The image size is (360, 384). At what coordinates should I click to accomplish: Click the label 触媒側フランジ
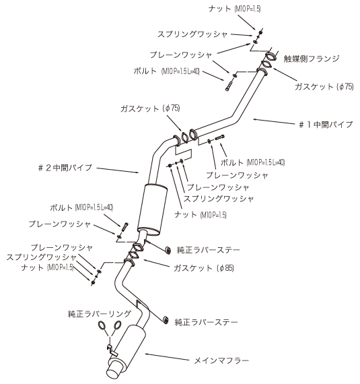point(312,59)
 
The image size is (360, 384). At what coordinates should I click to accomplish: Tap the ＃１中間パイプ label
point(326,125)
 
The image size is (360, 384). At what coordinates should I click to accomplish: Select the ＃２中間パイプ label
point(65,168)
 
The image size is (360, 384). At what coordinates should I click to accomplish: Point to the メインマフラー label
point(221,360)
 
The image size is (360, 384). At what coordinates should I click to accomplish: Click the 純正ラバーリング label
point(100,314)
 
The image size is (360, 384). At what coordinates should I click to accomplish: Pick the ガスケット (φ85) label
point(204,268)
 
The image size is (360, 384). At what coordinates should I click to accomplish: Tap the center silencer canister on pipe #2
point(152,210)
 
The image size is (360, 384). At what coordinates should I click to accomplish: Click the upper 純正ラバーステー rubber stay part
point(168,250)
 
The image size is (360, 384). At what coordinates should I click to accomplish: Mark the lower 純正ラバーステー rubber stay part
point(166,320)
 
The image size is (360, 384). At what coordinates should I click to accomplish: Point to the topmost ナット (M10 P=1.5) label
point(234,9)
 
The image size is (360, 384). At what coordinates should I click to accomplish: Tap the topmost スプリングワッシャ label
point(192,34)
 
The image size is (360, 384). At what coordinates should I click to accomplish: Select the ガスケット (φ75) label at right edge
point(324,86)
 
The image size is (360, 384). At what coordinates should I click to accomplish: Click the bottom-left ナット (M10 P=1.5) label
point(47,267)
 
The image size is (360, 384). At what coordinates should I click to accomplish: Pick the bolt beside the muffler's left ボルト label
point(125,227)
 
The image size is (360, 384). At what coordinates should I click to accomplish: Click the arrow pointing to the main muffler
point(167,357)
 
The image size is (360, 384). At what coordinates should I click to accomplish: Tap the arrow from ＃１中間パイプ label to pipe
point(274,121)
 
